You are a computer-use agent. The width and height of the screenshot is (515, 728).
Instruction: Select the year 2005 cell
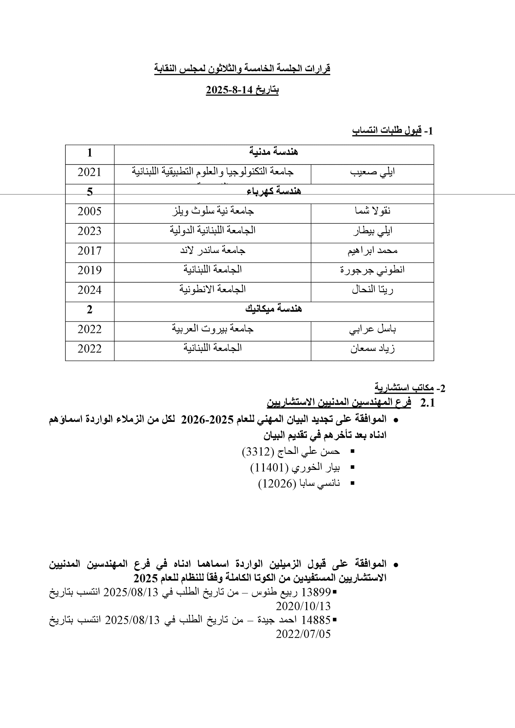90,211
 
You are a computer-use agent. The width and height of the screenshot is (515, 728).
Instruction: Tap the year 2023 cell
90,231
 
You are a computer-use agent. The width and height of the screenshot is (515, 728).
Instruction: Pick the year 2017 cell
90,251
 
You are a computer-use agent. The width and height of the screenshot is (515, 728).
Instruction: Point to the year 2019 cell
90,270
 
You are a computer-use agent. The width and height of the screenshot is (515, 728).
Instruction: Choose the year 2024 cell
90,290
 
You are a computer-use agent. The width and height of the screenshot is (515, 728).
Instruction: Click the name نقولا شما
373,211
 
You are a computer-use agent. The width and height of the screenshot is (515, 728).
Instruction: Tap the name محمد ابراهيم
373,251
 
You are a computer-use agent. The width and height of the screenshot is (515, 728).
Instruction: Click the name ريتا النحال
373,290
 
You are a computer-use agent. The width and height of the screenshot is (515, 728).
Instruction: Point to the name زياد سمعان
373,349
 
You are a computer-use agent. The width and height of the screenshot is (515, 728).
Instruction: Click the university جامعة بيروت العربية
213,329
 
